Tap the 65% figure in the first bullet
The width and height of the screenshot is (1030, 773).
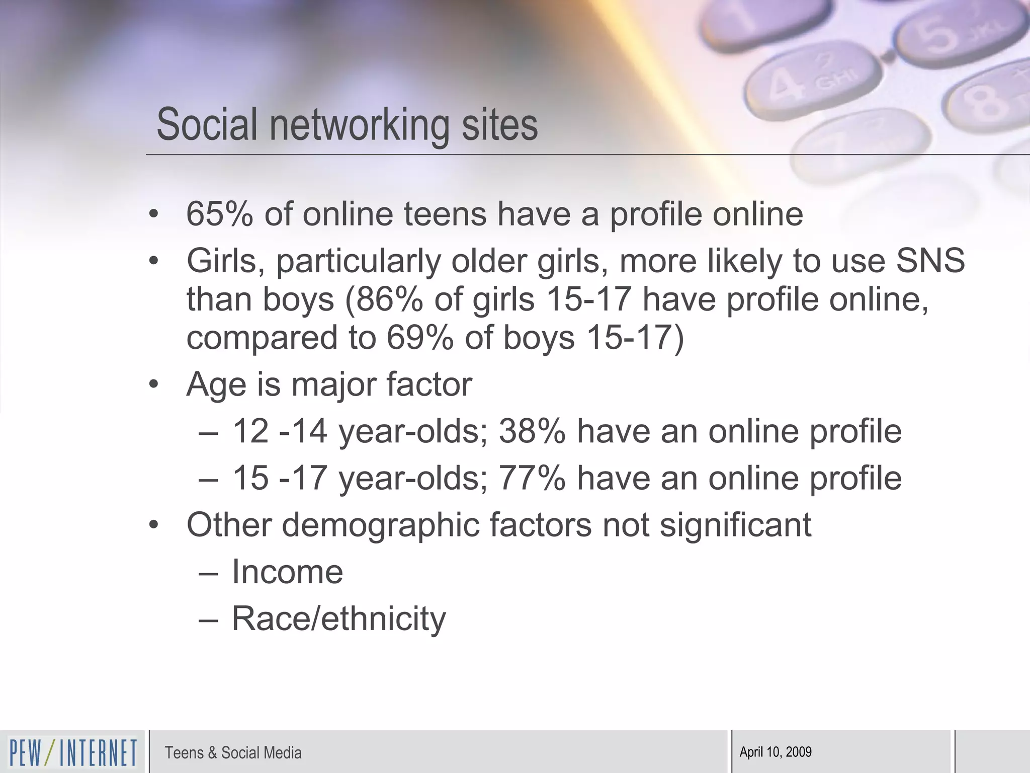click(x=219, y=214)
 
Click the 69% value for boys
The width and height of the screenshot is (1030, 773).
click(x=419, y=338)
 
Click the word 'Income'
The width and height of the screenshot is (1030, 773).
click(x=287, y=572)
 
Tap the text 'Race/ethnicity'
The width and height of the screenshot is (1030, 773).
click(x=338, y=619)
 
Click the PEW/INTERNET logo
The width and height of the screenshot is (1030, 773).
click(x=73, y=752)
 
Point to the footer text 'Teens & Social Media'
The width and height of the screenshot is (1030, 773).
click(x=233, y=753)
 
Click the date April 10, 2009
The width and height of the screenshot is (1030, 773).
click(x=776, y=752)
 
